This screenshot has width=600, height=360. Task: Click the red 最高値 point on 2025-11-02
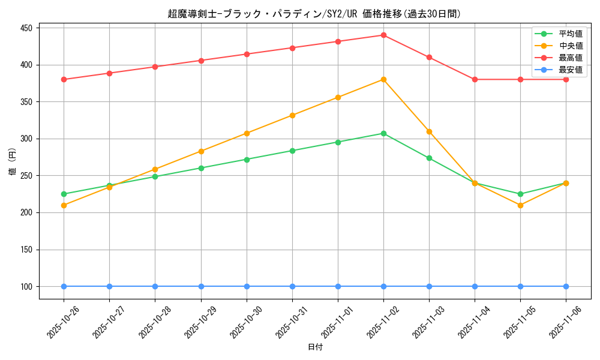click(383, 35)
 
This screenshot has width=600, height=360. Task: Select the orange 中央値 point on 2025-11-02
click(383, 79)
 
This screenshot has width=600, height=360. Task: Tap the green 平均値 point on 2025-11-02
click(383, 133)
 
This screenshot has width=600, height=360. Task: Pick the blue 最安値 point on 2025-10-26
click(64, 286)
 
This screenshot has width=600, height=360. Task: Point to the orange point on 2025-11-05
click(520, 205)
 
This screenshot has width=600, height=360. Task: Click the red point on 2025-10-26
click(64, 79)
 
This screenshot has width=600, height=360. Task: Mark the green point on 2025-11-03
click(429, 158)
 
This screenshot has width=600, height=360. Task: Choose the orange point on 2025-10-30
click(247, 133)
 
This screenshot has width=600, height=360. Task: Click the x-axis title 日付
click(315, 347)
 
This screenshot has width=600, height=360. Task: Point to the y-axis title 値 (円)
click(13, 161)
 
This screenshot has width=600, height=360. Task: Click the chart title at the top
click(314, 14)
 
